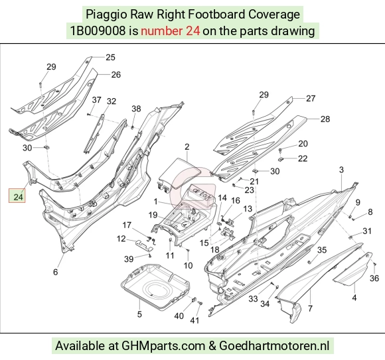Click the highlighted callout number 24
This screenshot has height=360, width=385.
coord(18,197)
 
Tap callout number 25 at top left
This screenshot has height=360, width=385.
coord(110,58)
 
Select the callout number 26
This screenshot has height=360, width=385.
coord(116,74)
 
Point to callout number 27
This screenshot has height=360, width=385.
coord(311,98)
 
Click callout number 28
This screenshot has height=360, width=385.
coord(325,119)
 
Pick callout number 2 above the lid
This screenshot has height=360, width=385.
coord(187,147)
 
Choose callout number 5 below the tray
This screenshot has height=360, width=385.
coord(139,314)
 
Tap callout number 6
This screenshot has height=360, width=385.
coord(56,272)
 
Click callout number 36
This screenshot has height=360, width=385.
coord(374,278)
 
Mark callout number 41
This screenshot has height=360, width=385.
coord(194,320)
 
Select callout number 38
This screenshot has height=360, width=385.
coord(136,109)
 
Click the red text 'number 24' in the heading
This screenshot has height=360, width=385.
coord(171,31)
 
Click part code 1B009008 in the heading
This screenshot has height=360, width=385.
coord(98,31)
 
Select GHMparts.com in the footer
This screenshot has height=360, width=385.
coord(163,346)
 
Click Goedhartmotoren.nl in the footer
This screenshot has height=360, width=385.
coord(274,346)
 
